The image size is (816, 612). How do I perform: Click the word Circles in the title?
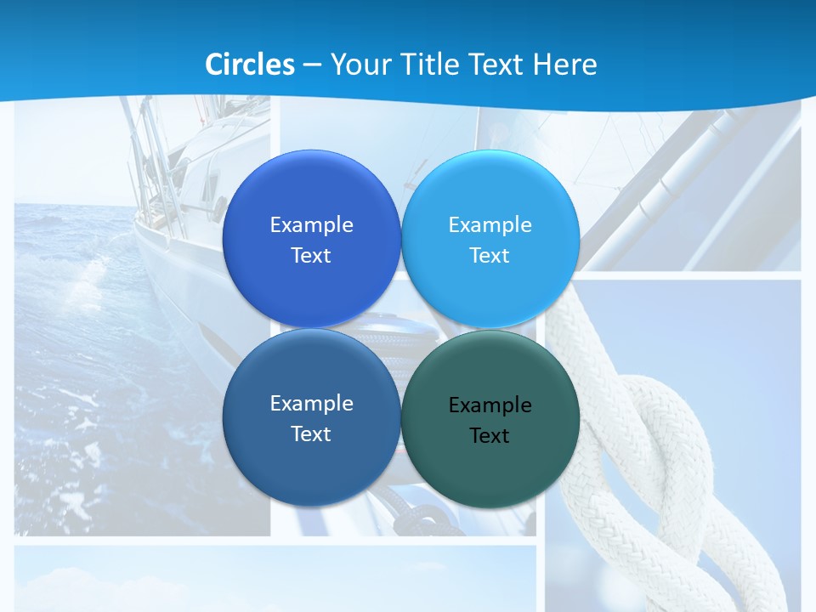point(250,65)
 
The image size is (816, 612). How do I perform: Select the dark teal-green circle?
point(490,467)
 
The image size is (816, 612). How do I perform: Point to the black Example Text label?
point(490,420)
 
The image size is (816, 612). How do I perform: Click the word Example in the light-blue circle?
point(490,225)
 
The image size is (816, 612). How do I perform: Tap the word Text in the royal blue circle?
point(311,256)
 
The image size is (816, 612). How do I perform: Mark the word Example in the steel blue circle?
point(311,404)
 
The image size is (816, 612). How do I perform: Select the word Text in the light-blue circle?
point(490,256)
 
